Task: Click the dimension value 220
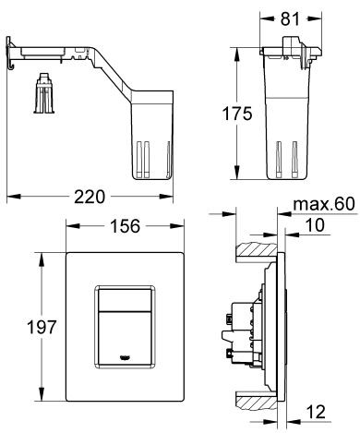90,197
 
